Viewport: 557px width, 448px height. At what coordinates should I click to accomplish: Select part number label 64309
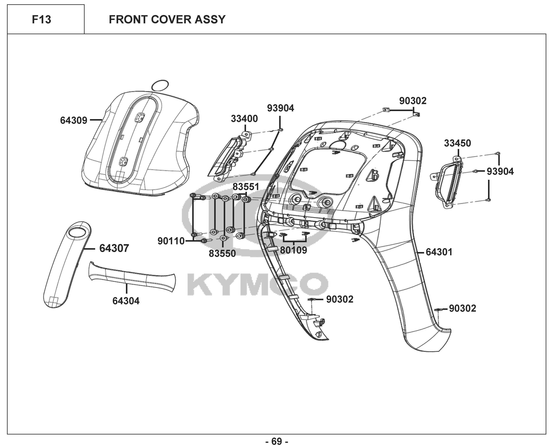[74, 120]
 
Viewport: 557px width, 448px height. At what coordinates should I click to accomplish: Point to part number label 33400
[244, 119]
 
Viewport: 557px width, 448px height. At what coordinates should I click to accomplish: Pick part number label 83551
[246, 187]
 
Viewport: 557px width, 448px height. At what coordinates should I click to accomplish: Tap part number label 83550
[222, 254]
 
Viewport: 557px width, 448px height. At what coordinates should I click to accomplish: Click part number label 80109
[293, 250]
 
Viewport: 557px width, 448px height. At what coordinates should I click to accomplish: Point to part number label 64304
[126, 301]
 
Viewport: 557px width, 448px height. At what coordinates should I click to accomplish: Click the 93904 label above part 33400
[281, 108]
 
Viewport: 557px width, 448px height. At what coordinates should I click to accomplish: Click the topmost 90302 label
[413, 101]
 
